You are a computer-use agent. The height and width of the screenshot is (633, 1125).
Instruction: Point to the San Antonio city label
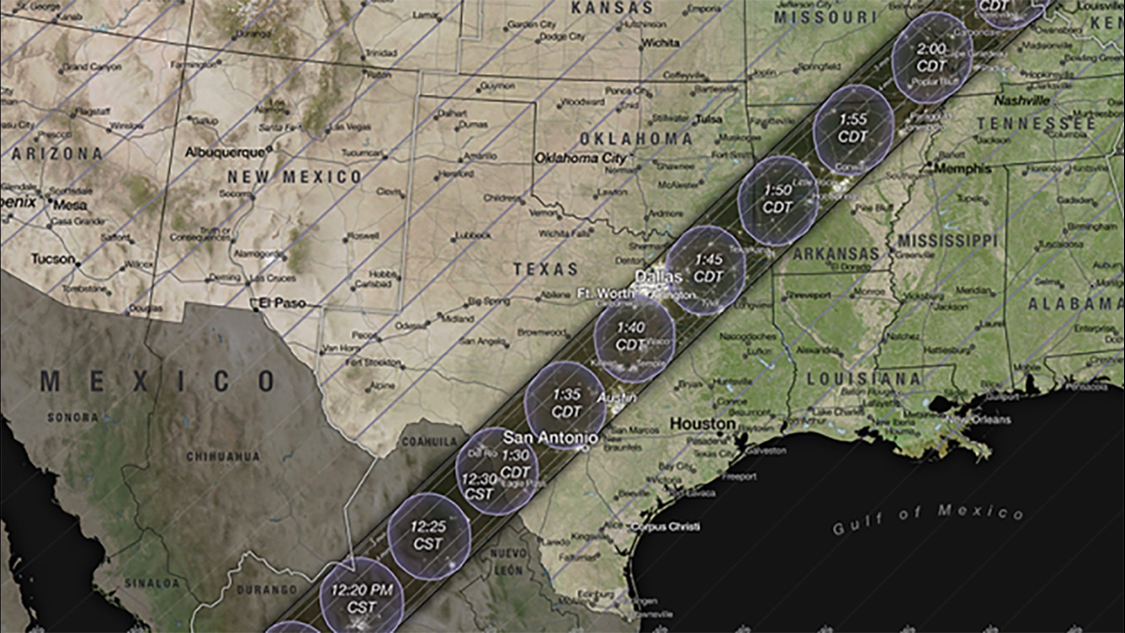click(x=551, y=437)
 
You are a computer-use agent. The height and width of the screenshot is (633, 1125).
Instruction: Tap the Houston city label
click(x=703, y=423)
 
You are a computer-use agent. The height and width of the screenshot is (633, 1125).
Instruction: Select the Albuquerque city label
click(x=225, y=152)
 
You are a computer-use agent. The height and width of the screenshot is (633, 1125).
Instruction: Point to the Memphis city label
click(x=963, y=169)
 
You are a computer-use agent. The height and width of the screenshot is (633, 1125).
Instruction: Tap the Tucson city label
click(x=53, y=258)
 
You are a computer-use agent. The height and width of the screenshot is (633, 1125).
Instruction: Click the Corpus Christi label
click(x=665, y=526)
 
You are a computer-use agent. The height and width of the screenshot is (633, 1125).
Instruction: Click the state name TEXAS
click(x=546, y=269)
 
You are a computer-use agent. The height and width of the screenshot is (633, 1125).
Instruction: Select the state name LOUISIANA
click(x=864, y=379)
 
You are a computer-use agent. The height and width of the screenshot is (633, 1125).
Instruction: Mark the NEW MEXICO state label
click(x=295, y=176)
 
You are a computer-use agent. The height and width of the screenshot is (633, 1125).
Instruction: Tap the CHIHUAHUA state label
click(x=223, y=456)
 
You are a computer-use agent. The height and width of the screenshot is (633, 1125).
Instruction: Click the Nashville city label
click(x=1021, y=101)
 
